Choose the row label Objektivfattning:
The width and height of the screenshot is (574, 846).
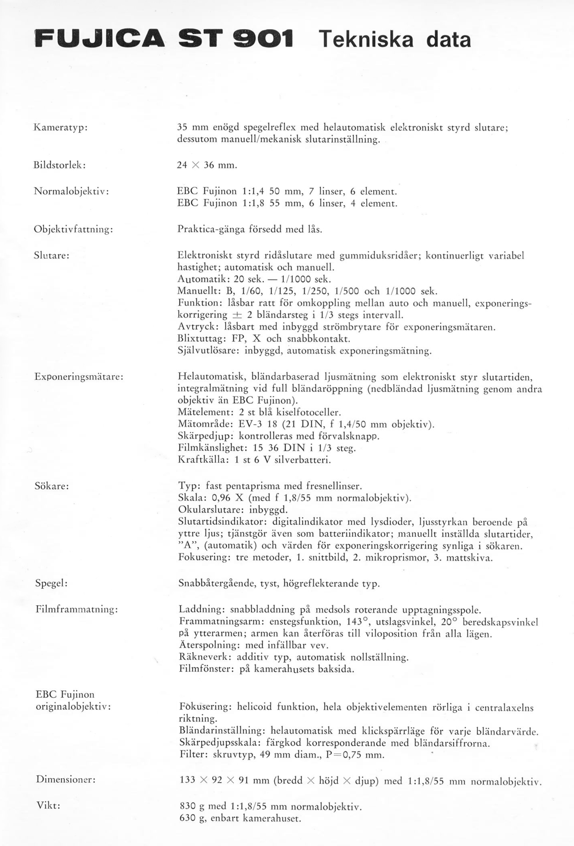[x=74, y=229]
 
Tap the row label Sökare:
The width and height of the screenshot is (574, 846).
[x=52, y=486]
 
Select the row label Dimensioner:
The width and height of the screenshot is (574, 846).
[x=65, y=780]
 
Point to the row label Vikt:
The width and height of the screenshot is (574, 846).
[x=48, y=806]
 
